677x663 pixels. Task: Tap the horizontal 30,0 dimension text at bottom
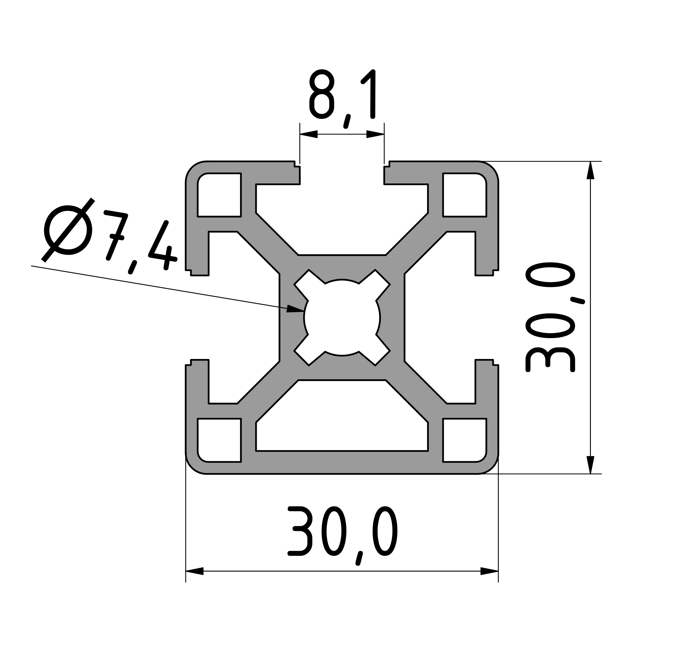tap(343, 533)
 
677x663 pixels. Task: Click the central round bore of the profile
tap(342, 318)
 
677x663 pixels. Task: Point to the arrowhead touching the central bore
tap(295, 309)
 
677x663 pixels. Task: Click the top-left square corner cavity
tap(219, 195)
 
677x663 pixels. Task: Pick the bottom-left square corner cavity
tap(219, 440)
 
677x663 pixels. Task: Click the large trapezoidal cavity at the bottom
tap(342, 418)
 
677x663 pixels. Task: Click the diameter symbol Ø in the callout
tap(68, 230)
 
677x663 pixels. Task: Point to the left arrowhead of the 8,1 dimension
tap(309, 134)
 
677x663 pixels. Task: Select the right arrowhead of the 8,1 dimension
tap(376, 134)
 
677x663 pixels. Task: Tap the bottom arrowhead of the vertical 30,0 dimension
tap(590, 465)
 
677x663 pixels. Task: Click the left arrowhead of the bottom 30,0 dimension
tap(194, 571)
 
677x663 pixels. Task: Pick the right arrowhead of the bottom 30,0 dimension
tap(489, 571)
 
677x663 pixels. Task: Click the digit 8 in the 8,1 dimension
tap(321, 94)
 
